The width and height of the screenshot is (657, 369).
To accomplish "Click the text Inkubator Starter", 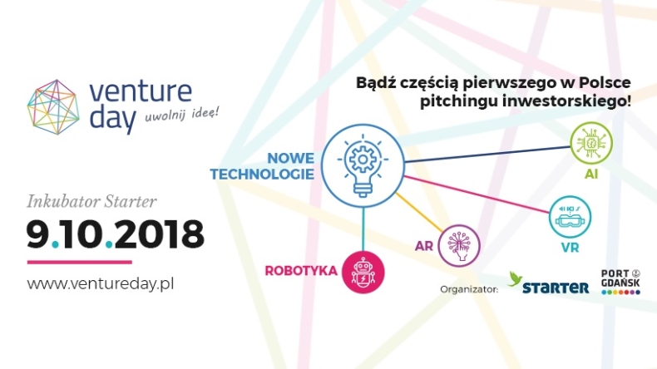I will [91, 201].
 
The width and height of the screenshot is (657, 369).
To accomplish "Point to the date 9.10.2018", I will [115, 235].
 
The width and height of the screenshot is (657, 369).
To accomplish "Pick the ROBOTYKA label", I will [300, 270].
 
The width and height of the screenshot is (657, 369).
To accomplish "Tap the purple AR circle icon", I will [460, 245].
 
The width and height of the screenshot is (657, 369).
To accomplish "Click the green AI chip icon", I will [590, 143].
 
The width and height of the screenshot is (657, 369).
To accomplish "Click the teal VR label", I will [570, 248].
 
